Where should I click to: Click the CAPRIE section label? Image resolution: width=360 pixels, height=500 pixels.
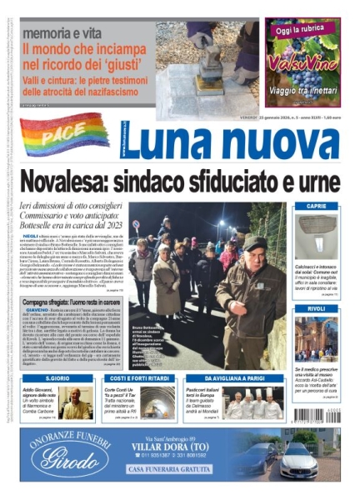click(x=317, y=206)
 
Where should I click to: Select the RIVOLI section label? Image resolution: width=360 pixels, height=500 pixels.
click(x=317, y=309)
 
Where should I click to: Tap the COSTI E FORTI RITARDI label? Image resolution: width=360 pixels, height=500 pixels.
click(x=133, y=378)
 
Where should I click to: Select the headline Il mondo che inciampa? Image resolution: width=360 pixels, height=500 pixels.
click(x=77, y=49)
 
